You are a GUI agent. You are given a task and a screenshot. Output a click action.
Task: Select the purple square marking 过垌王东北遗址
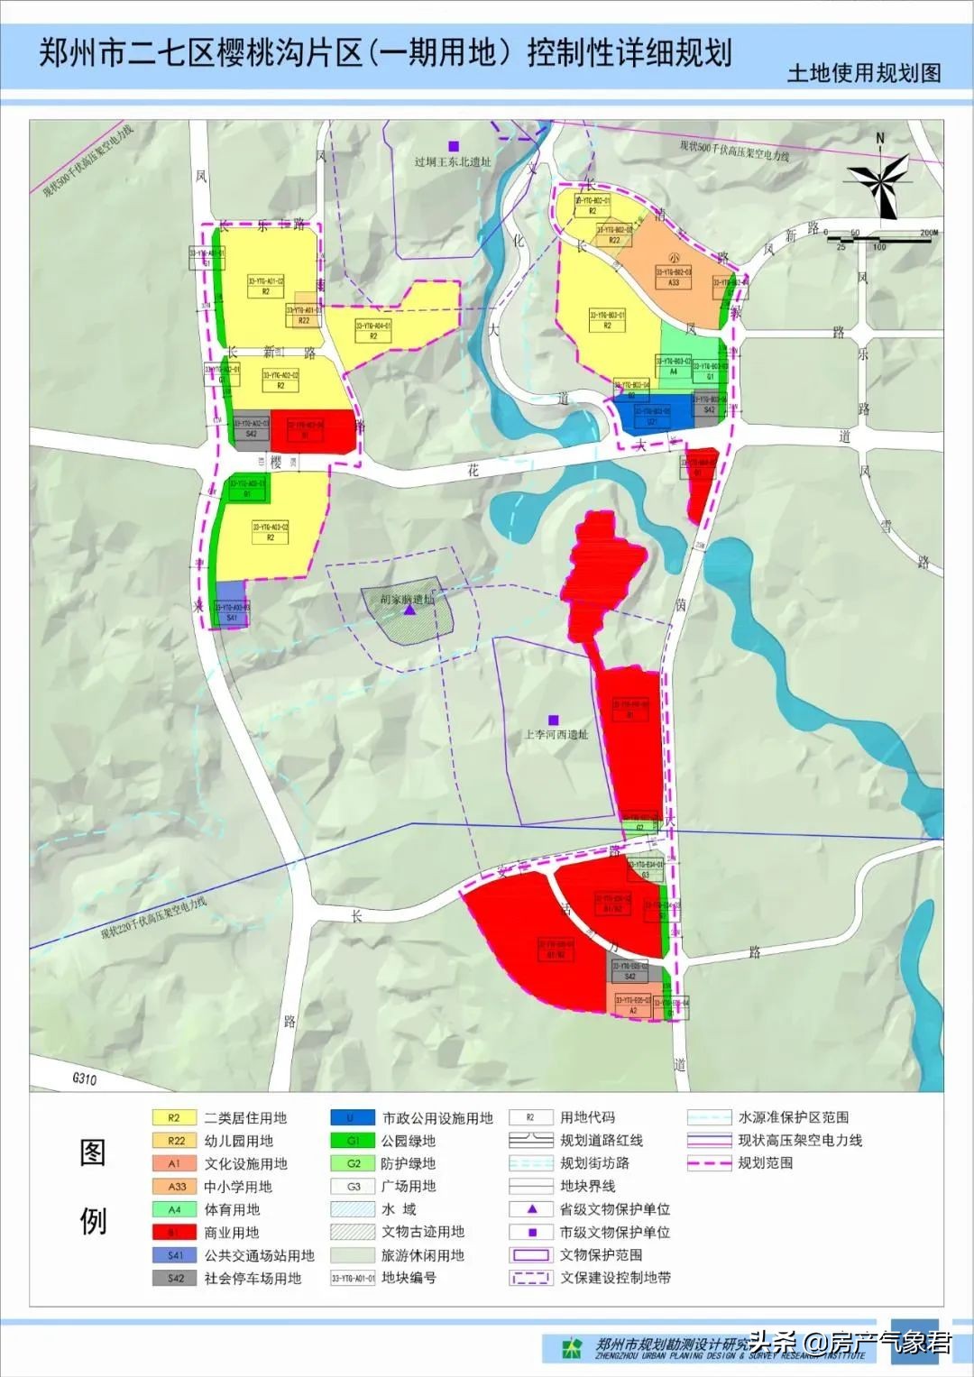coord(454,146)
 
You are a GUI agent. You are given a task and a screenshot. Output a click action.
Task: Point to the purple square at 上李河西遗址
coord(554,720)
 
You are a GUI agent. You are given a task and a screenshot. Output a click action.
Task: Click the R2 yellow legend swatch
coord(174,1118)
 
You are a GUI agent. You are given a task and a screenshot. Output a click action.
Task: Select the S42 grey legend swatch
coord(174,1279)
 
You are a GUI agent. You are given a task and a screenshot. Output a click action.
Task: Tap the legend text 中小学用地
coord(238,1187)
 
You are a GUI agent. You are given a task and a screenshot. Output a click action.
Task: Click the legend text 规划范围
coord(766,1163)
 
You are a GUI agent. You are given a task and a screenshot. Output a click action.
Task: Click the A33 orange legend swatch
coord(174,1187)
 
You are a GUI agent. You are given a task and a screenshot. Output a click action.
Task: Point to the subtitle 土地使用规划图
coord(863,73)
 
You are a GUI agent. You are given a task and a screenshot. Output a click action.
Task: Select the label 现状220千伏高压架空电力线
coord(154,919)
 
